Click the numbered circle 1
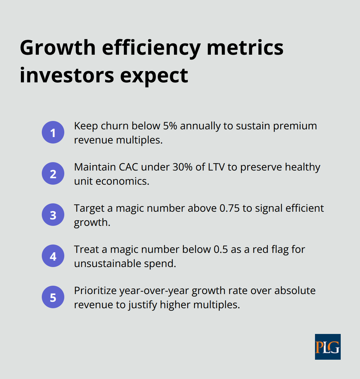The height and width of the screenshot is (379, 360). pos(53,132)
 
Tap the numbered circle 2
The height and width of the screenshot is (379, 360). pos(53,173)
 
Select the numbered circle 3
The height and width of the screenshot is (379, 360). pos(53,215)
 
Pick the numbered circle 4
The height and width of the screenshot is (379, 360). pos(53,256)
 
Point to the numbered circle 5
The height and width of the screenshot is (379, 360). pos(53,297)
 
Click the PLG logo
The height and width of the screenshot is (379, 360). pos(328,347)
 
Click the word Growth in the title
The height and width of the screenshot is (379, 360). pos(58,48)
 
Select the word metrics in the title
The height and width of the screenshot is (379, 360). pos(245,48)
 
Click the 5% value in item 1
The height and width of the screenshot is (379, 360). pos(170,126)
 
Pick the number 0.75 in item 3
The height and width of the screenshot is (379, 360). pos(230,208)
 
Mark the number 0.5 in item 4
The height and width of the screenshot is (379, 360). pos(221,249)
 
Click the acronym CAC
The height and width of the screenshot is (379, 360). pos(129,167)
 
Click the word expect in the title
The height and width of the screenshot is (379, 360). pos(154,76)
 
